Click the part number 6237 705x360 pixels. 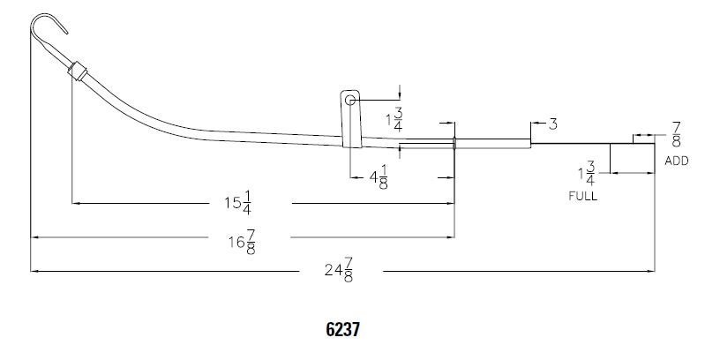[342, 329]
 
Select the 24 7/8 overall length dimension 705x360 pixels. [339, 269]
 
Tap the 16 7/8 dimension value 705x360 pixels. [243, 242]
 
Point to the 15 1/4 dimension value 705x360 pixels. [238, 203]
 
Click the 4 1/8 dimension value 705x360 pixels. [379, 177]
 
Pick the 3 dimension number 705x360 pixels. [553, 124]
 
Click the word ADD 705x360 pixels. [676, 161]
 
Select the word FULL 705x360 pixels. [582, 196]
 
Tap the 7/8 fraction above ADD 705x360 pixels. [677, 134]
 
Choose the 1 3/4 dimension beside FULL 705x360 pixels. [587, 174]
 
